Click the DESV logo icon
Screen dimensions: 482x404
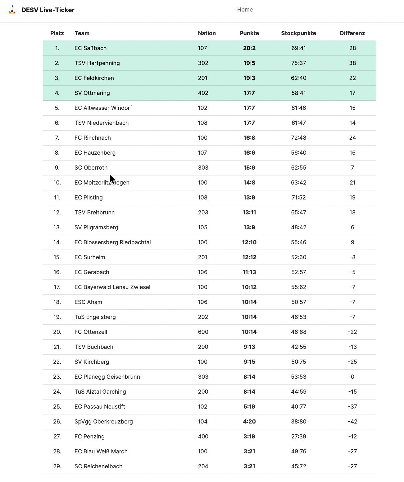[x=12, y=10]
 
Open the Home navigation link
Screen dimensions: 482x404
[x=245, y=10]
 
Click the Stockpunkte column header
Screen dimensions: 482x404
[x=298, y=33]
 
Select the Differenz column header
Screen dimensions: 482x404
[x=352, y=33]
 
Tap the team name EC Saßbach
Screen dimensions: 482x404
[x=90, y=48]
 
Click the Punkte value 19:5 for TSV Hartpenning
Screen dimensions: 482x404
[x=249, y=63]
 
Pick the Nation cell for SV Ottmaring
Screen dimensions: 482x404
[x=203, y=93]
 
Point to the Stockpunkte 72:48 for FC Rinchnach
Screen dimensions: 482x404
[x=298, y=138]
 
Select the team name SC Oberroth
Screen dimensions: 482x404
[x=91, y=168]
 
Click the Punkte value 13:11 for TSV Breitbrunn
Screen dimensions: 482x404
[x=249, y=213]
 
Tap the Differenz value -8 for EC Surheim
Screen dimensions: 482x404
[x=352, y=257]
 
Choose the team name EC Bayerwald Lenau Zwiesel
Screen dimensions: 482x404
[x=112, y=287]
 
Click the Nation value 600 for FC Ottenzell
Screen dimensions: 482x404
[x=203, y=332]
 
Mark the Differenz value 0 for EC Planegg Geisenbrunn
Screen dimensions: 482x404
[x=352, y=377]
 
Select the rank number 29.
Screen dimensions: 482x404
[x=57, y=466]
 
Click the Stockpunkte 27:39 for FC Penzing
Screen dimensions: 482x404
[x=298, y=437]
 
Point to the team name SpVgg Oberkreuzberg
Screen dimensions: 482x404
[x=104, y=422]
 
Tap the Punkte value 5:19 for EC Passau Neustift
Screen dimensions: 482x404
[x=249, y=407]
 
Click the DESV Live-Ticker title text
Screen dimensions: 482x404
[x=48, y=10]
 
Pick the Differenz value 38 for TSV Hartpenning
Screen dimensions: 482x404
[x=352, y=63]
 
